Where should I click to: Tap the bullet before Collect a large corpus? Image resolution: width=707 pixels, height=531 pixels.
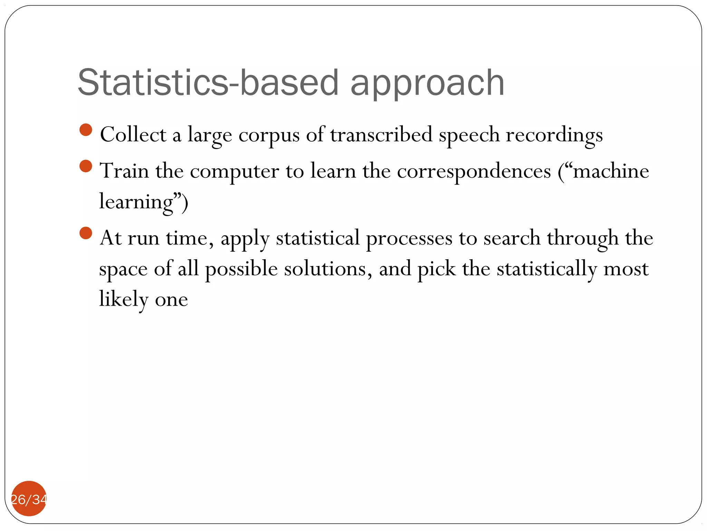(86, 130)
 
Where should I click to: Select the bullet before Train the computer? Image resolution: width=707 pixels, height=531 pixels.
(86, 166)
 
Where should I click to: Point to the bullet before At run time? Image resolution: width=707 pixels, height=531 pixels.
(86, 233)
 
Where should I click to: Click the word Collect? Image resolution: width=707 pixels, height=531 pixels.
(133, 135)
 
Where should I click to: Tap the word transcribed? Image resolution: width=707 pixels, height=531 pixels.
(381, 135)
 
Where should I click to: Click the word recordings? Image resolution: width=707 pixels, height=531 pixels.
(554, 136)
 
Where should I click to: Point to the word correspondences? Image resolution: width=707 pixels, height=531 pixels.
(474, 171)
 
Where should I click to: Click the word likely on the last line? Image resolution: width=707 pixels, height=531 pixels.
(124, 299)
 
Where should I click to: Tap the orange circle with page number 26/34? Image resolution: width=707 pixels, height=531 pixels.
(29, 499)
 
